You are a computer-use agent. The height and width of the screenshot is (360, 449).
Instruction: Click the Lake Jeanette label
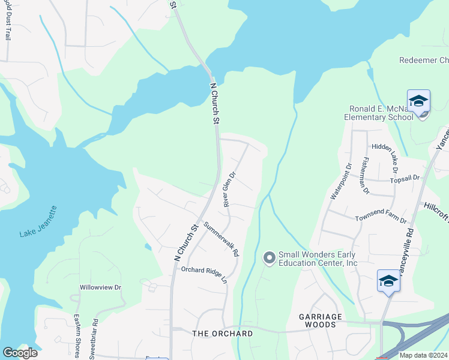point(38,223)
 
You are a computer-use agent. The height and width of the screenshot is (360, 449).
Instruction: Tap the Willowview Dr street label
point(100,287)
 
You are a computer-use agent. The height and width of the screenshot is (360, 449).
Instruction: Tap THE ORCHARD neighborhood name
point(222,333)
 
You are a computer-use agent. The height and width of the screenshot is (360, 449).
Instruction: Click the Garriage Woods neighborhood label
point(321,320)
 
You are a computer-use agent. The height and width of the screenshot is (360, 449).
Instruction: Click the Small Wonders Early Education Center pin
point(270,258)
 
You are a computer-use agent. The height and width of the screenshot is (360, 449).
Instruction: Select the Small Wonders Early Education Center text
point(318,259)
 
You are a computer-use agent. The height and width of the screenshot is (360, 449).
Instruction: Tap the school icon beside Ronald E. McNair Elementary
point(418,101)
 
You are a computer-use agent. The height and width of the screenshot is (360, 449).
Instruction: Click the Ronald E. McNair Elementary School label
point(381,113)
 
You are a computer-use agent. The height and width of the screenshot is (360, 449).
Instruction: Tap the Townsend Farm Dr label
point(381,220)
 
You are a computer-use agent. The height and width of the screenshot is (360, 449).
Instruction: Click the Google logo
point(20,353)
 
